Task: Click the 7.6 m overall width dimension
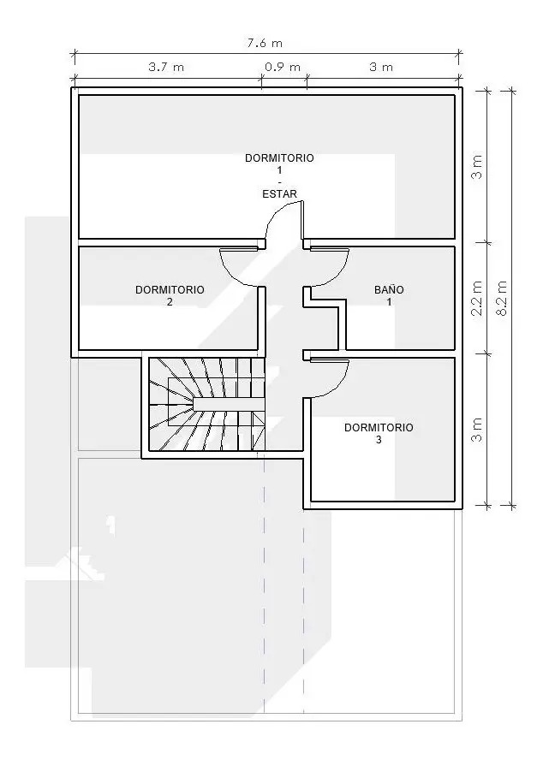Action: (265, 43)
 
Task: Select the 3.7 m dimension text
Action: (166, 67)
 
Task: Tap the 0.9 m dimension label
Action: (283, 67)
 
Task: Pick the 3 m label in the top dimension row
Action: (381, 67)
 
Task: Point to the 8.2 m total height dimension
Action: (502, 298)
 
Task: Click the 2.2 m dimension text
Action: (477, 298)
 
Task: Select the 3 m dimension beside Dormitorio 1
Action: (478, 167)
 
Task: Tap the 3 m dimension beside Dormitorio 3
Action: (478, 430)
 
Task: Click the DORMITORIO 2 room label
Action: (170, 295)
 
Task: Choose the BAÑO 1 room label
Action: (389, 295)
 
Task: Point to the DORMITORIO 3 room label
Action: (379, 433)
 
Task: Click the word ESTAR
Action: (279, 194)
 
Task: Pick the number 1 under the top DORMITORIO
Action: (279, 170)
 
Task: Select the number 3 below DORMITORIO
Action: (379, 440)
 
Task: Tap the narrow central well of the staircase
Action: (229, 404)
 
